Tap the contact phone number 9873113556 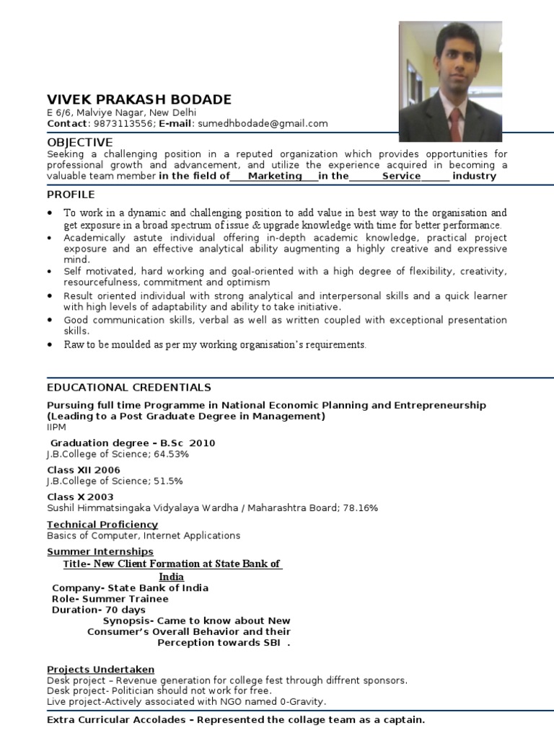click(x=121, y=123)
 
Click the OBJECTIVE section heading click(x=79, y=142)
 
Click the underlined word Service click(x=401, y=176)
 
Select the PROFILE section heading click(x=71, y=195)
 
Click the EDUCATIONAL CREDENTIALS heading click(x=129, y=387)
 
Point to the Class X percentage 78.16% click(x=359, y=508)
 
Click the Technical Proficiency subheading click(x=102, y=524)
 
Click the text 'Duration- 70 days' click(x=99, y=610)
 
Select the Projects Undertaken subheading click(x=100, y=670)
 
